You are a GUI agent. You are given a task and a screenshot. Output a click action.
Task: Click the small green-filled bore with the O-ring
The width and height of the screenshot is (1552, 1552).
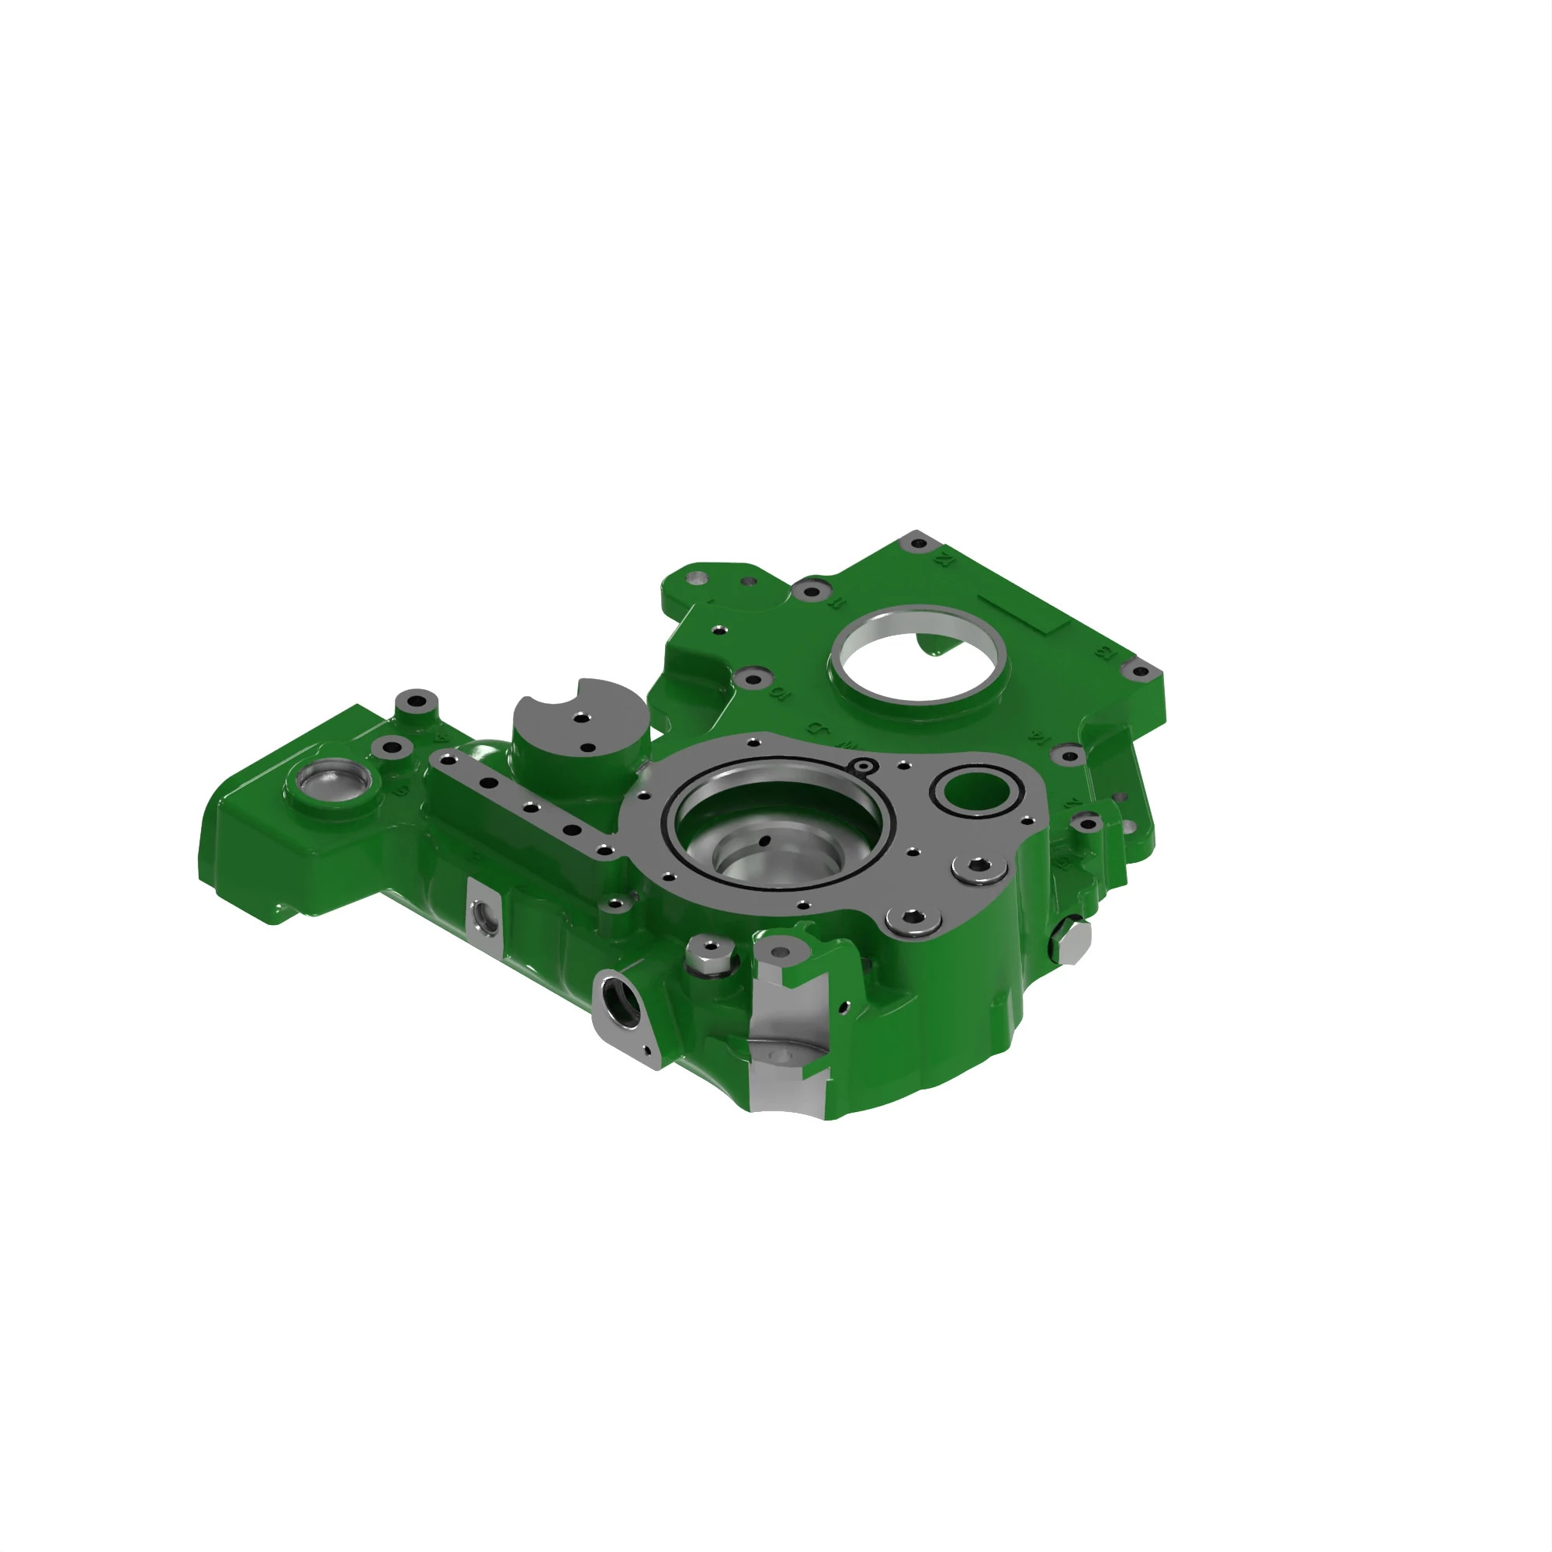pyautogui.click(x=976, y=790)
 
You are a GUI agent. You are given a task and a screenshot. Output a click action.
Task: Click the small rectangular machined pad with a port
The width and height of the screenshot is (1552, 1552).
pyautogui.click(x=483, y=915)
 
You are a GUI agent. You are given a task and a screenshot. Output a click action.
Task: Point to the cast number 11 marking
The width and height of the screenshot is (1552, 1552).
pyautogui.click(x=837, y=601)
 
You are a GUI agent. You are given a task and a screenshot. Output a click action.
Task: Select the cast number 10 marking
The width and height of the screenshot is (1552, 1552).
pyautogui.click(x=778, y=691)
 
